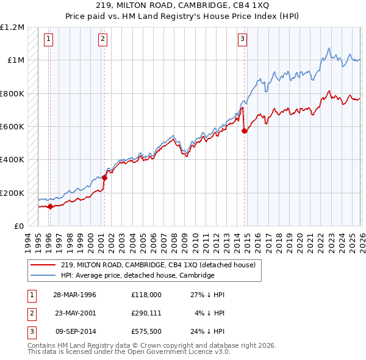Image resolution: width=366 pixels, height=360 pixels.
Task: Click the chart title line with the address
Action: pyautogui.click(x=182, y=5)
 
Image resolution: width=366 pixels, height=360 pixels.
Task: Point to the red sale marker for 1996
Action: pyautogui.click(x=50, y=206)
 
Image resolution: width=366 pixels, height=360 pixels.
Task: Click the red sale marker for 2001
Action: pyautogui.click(x=104, y=178)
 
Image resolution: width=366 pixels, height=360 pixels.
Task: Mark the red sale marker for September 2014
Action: pyautogui.click(x=245, y=131)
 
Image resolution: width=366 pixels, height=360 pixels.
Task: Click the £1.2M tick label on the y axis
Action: pyautogui.click(x=13, y=27)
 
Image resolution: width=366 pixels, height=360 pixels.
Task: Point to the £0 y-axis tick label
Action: pyautogui.click(x=20, y=226)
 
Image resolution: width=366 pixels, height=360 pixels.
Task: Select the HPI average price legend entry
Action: pyautogui.click(x=137, y=276)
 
